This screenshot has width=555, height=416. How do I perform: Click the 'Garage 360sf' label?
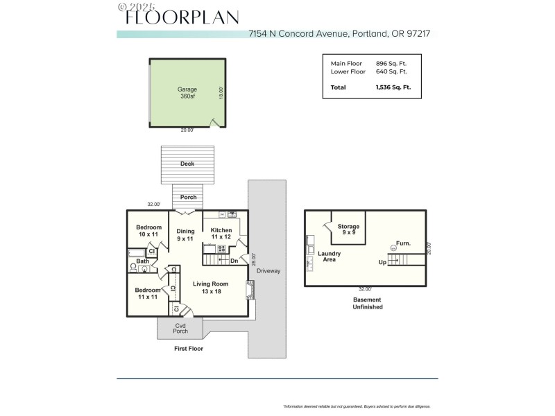click(187, 93)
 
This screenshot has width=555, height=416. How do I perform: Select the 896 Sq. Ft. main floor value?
click(391, 63)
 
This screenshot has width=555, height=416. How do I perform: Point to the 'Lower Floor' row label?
click(348, 71)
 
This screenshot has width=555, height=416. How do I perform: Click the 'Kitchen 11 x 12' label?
click(221, 234)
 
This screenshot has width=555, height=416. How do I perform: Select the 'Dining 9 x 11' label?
click(185, 234)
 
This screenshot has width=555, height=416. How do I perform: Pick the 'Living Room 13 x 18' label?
click(211, 288)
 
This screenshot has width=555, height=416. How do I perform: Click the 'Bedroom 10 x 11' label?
click(148, 231)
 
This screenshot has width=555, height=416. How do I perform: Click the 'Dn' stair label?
click(234, 261)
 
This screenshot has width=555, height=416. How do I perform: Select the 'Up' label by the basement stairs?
click(382, 263)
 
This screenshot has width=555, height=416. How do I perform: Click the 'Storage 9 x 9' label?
click(348, 230)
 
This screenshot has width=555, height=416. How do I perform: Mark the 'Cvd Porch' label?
click(180, 328)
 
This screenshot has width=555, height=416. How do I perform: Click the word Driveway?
click(268, 270)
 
